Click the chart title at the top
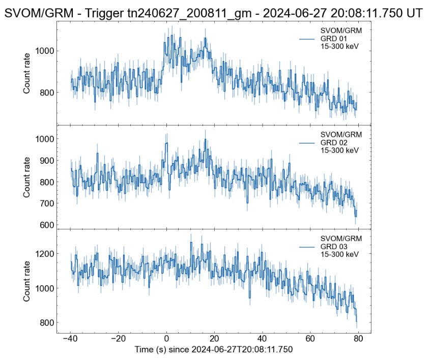point(214,13)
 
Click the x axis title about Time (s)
point(214,350)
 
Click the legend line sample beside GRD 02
point(308,143)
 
